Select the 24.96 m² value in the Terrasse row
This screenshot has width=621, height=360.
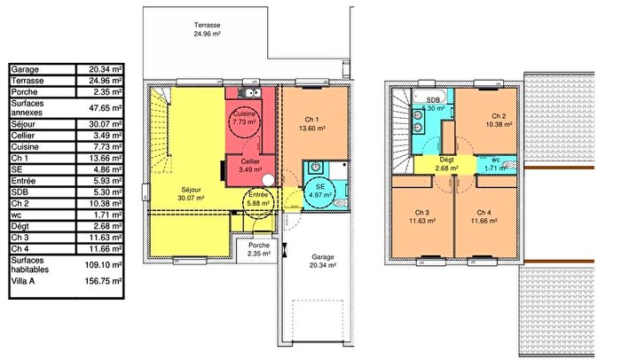click(x=104, y=80)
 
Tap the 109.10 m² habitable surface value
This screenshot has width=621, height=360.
click(x=104, y=264)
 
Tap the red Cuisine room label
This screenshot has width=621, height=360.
click(x=244, y=121)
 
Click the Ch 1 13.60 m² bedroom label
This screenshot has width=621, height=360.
click(x=310, y=123)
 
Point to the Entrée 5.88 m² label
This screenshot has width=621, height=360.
click(x=258, y=199)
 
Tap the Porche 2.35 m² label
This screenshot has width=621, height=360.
click(x=259, y=249)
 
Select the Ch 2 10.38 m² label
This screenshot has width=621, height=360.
click(x=498, y=121)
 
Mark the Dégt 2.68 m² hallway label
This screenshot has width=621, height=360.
click(x=446, y=163)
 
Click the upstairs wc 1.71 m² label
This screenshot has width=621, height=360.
click(x=491, y=163)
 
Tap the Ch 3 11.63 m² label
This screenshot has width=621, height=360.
click(x=422, y=216)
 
